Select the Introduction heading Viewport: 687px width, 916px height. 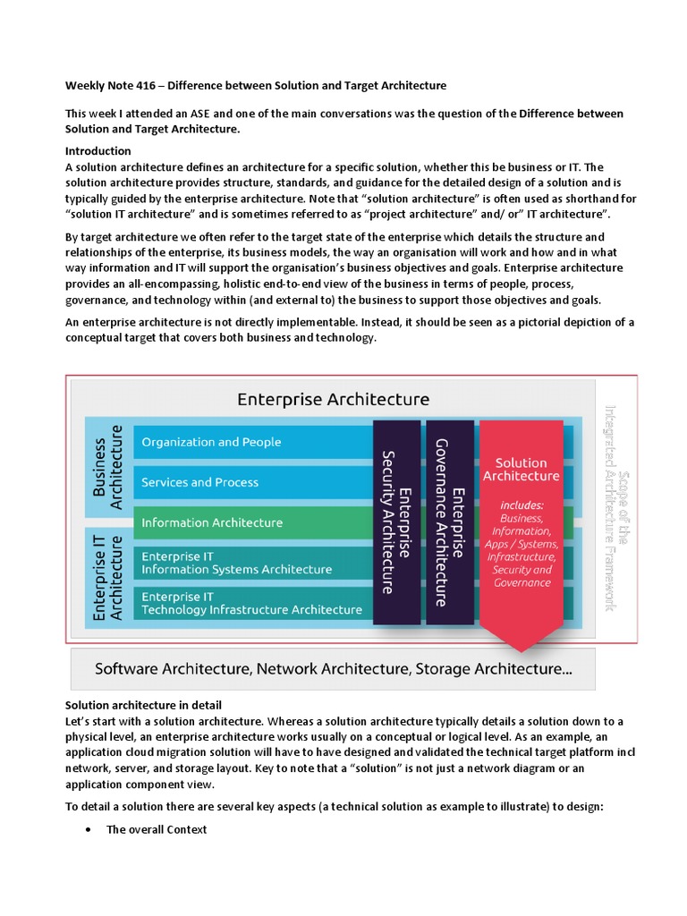pos(98,151)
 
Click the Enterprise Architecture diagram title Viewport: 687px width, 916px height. pos(333,399)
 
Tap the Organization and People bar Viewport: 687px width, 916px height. pos(212,442)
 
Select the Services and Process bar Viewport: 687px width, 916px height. pos(200,482)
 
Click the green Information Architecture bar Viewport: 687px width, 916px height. pos(212,522)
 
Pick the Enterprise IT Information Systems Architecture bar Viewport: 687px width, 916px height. pos(237,563)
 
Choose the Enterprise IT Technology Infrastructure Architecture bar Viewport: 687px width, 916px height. pos(251,603)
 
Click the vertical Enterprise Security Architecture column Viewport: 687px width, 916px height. pos(396,522)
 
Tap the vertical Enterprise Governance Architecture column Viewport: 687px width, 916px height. pos(449,522)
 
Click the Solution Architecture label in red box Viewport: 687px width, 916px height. pos(521,470)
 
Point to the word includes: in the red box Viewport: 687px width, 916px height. pos(522,505)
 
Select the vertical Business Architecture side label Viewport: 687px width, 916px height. pos(107,467)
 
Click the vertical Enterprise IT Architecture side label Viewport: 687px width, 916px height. pos(107,574)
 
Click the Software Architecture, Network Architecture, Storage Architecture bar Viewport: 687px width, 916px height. pos(333,668)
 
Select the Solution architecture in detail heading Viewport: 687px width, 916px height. pos(143,707)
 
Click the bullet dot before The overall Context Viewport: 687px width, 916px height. pos(88,830)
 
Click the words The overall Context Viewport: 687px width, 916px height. pos(157,830)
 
